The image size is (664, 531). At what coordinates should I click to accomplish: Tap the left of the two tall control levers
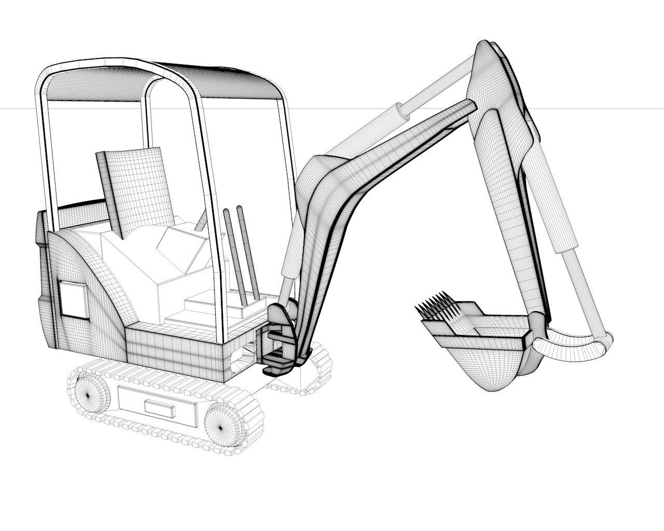[232, 254]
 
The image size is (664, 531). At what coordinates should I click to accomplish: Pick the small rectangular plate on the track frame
[160, 409]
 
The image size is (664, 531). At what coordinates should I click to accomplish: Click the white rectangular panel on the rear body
[73, 300]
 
